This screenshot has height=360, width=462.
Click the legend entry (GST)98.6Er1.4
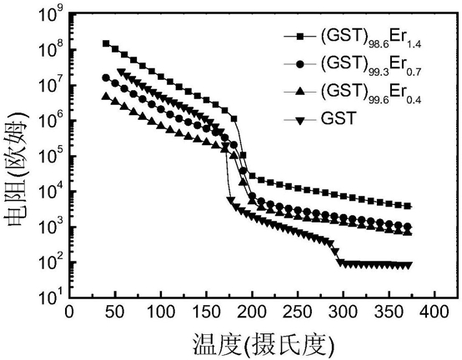353,37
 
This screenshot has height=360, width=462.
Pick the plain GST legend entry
320,119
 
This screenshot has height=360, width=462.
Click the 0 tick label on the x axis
69,312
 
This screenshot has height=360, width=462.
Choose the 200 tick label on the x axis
252,312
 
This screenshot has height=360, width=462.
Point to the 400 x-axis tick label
434,312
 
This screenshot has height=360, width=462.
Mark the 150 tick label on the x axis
207,312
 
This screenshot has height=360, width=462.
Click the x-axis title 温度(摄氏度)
264,344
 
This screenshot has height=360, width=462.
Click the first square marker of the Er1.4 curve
106,43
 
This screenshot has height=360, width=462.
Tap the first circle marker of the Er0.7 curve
105,77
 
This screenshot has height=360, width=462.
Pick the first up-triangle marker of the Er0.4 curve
105,97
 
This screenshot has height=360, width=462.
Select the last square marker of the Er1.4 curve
408,206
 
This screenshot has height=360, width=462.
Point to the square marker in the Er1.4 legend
300,37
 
